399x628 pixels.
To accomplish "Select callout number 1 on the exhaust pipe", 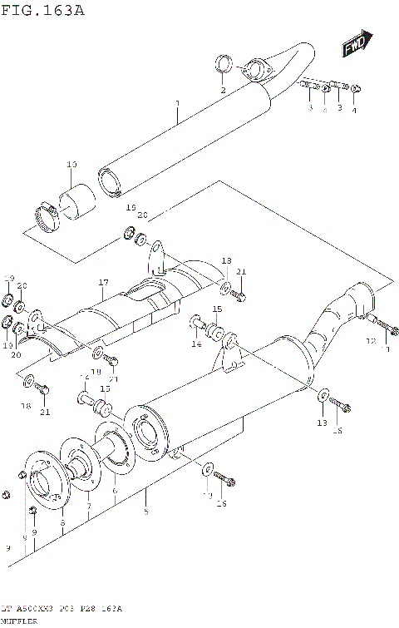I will tap(177, 104).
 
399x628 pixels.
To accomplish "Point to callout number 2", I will tap(223, 89).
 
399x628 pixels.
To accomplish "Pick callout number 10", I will tap(71, 165).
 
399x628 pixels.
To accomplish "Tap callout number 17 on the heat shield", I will tap(102, 283).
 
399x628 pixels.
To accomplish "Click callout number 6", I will tap(115, 492).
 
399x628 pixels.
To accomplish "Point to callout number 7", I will tap(89, 505).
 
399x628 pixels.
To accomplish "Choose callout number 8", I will tap(62, 521).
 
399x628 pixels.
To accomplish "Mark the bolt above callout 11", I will tap(382, 324).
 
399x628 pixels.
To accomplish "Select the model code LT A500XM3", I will tap(32, 609).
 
